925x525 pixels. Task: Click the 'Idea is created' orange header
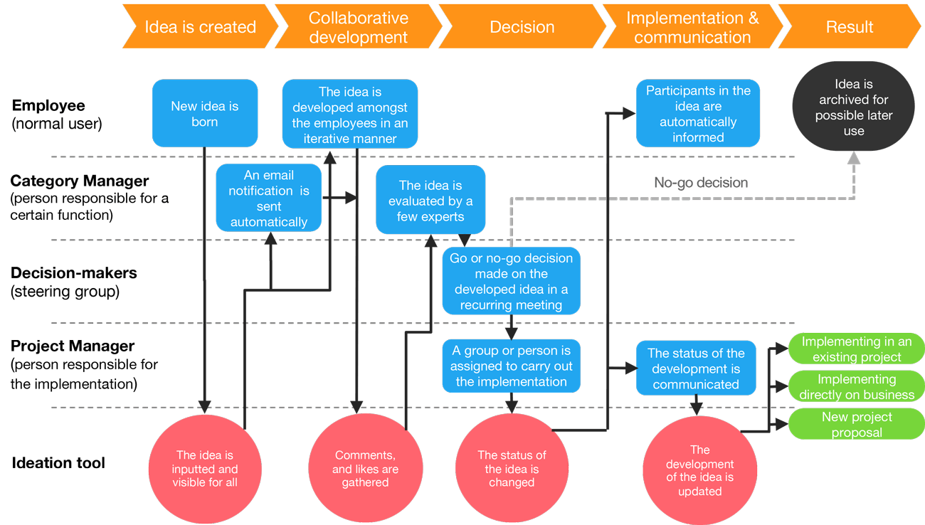pos(199,27)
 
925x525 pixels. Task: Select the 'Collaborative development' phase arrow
pos(358,27)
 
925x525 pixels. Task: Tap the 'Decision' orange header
pos(522,27)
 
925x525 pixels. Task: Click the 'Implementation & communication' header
pos(692,27)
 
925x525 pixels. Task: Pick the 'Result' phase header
pos(849,27)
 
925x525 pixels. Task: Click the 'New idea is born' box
pos(205,114)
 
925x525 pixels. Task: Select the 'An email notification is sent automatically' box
pos(268,198)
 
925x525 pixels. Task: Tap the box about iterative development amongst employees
pos(349,115)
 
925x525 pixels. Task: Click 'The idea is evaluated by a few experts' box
pos(430,201)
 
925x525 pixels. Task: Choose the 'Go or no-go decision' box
pos(511,281)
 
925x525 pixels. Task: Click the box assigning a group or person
pos(511,366)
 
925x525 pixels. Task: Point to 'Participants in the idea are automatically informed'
pos(698,114)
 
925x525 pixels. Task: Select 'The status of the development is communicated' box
pos(696,368)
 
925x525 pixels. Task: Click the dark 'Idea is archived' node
pos(853,107)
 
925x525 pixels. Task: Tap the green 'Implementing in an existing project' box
pos(856,349)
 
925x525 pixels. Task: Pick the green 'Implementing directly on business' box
pos(856,386)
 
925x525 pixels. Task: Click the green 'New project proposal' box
pos(856,424)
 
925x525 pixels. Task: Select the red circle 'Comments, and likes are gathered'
pos(365,469)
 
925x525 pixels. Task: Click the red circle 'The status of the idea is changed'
pos(512,469)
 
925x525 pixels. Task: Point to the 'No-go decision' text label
pos(701,183)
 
